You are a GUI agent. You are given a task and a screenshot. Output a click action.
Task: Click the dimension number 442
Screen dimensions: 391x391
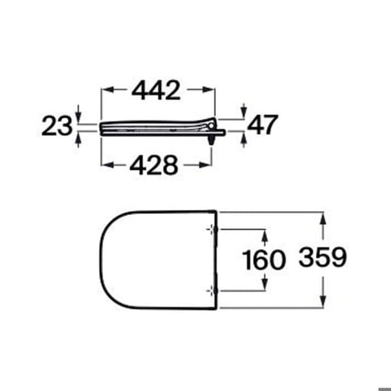click(x=156, y=90)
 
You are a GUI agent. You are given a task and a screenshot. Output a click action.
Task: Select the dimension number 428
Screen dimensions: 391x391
click(x=154, y=165)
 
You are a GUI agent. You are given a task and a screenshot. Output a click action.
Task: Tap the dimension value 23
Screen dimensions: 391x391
click(x=57, y=126)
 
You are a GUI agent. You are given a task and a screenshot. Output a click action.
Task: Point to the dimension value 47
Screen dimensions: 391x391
click(x=263, y=124)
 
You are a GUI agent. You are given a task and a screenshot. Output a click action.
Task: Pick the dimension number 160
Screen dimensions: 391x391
click(x=264, y=260)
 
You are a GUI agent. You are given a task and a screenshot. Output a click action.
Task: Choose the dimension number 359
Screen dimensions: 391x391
click(x=323, y=257)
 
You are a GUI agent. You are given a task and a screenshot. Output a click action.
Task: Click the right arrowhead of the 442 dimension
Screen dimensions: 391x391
click(x=209, y=89)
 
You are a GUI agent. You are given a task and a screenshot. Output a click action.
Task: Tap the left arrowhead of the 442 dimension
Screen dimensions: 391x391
click(x=108, y=89)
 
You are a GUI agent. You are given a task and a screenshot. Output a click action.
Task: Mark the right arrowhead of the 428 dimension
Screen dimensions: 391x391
click(x=205, y=165)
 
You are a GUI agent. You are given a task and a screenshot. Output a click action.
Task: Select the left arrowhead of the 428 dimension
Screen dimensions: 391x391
click(x=108, y=165)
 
